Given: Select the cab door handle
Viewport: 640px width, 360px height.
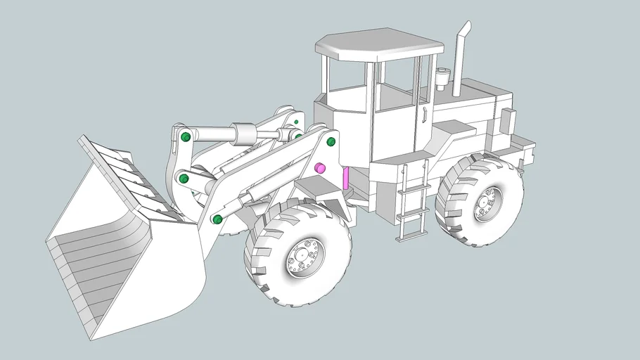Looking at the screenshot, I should point(425,114).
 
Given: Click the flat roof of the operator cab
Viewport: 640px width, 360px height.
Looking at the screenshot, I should point(380,44).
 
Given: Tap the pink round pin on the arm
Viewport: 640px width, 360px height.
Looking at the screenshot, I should point(319,168).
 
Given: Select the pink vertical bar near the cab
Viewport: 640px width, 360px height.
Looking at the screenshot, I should point(345,177).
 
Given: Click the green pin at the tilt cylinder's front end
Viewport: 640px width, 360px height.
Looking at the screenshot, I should point(186,137).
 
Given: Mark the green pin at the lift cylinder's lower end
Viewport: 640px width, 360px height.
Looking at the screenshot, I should point(217,219).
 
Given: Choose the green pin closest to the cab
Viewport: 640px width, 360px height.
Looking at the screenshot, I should point(331,142).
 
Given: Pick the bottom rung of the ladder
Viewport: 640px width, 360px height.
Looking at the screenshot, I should point(410,237).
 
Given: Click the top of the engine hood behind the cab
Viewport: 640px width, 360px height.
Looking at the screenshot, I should point(478,89).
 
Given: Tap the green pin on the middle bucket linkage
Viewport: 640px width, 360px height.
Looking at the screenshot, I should point(184,179).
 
